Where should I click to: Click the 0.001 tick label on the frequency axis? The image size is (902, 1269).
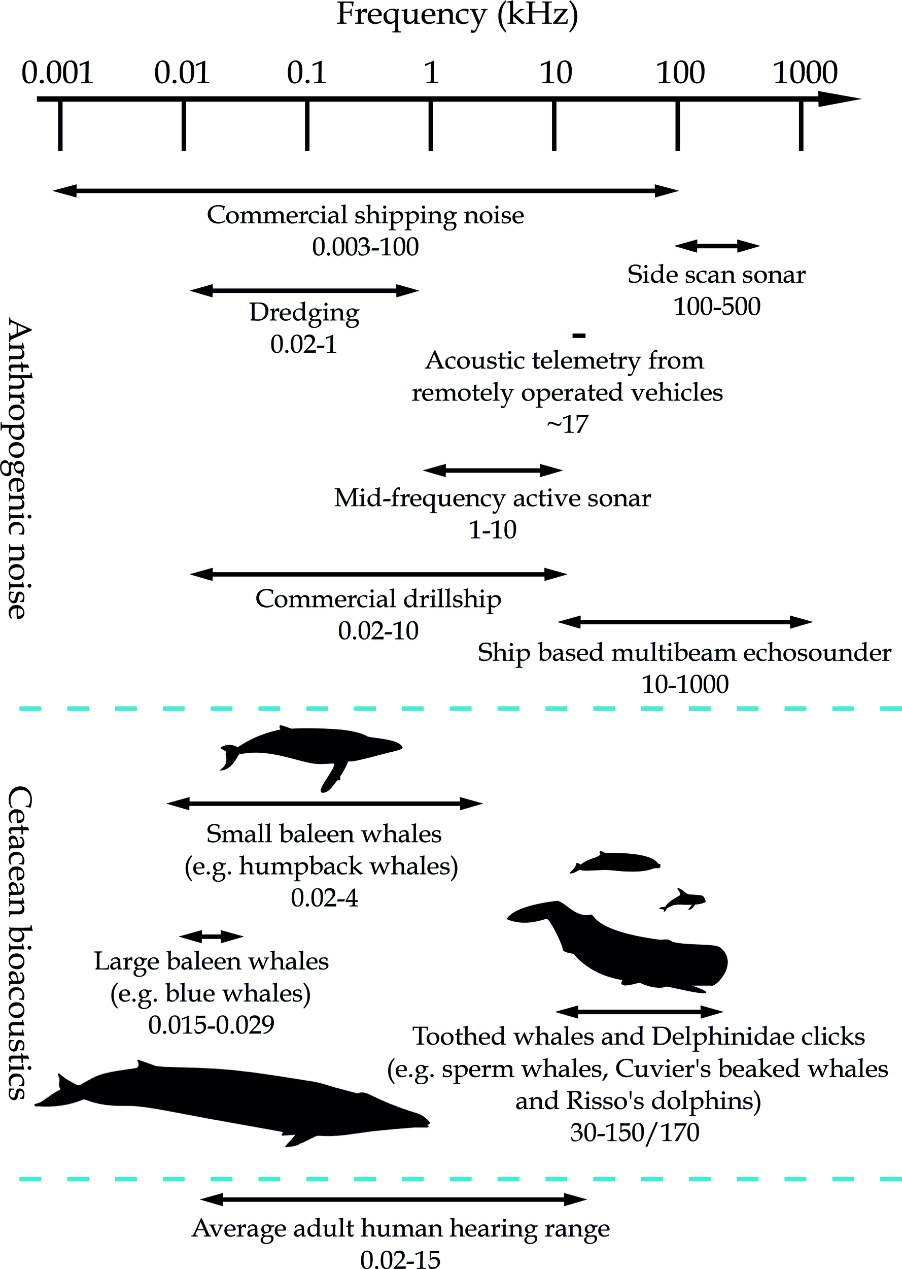[x=57, y=73]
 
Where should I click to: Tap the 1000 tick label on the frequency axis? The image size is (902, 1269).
[x=805, y=73]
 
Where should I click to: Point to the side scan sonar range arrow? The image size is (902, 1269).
[x=716, y=246]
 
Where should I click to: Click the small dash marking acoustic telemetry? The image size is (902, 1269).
[x=579, y=335]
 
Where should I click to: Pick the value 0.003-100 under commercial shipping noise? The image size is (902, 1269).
[x=365, y=247]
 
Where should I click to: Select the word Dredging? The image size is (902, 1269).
[x=304, y=312]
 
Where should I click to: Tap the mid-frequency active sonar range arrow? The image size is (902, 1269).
[x=493, y=471]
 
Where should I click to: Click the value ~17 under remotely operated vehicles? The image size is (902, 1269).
[x=567, y=424]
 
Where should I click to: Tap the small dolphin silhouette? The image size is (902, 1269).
[x=683, y=899]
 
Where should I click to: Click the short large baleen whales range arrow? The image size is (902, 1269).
[x=211, y=937]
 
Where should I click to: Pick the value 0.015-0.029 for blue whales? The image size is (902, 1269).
[x=211, y=1025]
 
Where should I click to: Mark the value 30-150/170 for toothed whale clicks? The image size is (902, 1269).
[x=634, y=1132]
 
